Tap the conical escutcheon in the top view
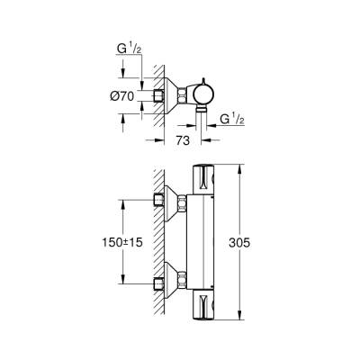168,94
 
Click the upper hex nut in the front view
184,199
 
